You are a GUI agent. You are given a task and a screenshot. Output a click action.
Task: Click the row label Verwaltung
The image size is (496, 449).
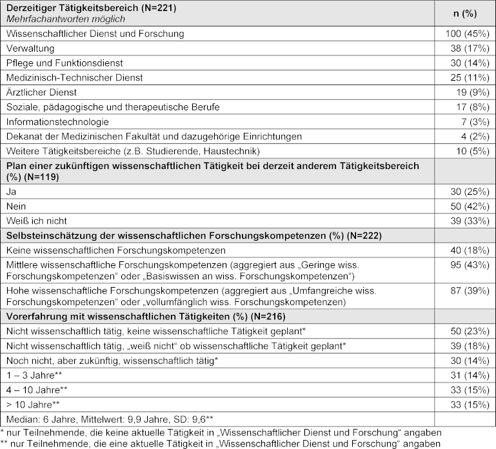pyautogui.click(x=30, y=48)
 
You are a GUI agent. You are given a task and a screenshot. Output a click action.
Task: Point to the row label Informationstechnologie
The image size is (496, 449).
pyautogui.click(x=57, y=122)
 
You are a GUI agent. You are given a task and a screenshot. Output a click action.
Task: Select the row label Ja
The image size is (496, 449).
pyautogui.click(x=10, y=192)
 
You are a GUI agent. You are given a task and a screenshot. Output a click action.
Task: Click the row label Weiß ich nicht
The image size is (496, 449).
pyautogui.click(x=36, y=221)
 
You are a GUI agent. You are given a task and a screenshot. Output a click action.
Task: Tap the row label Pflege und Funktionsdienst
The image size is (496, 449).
pyautogui.click(x=64, y=63)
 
